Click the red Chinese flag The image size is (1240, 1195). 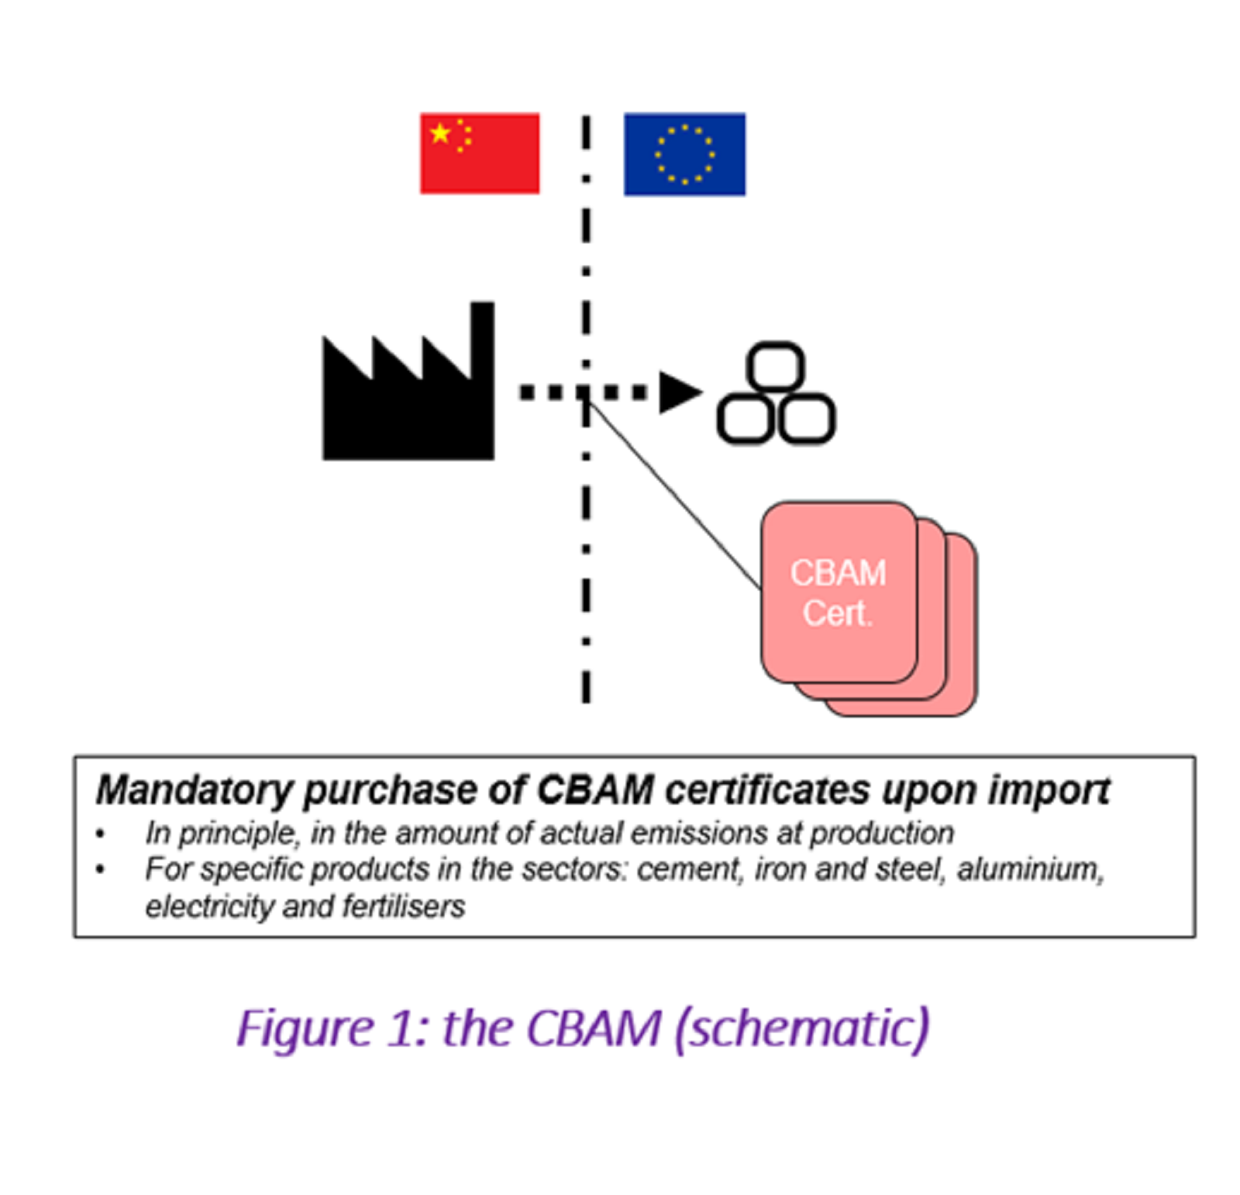coord(479,154)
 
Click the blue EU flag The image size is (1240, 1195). coord(684,154)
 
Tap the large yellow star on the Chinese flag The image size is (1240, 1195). coord(440,133)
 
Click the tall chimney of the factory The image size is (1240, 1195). coord(482,341)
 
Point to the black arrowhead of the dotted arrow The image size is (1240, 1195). coord(677,392)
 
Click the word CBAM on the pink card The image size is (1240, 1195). coord(838,573)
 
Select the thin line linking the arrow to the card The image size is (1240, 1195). coord(674,492)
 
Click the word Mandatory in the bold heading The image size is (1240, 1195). coord(194,791)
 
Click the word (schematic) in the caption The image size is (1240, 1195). coord(802,1028)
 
